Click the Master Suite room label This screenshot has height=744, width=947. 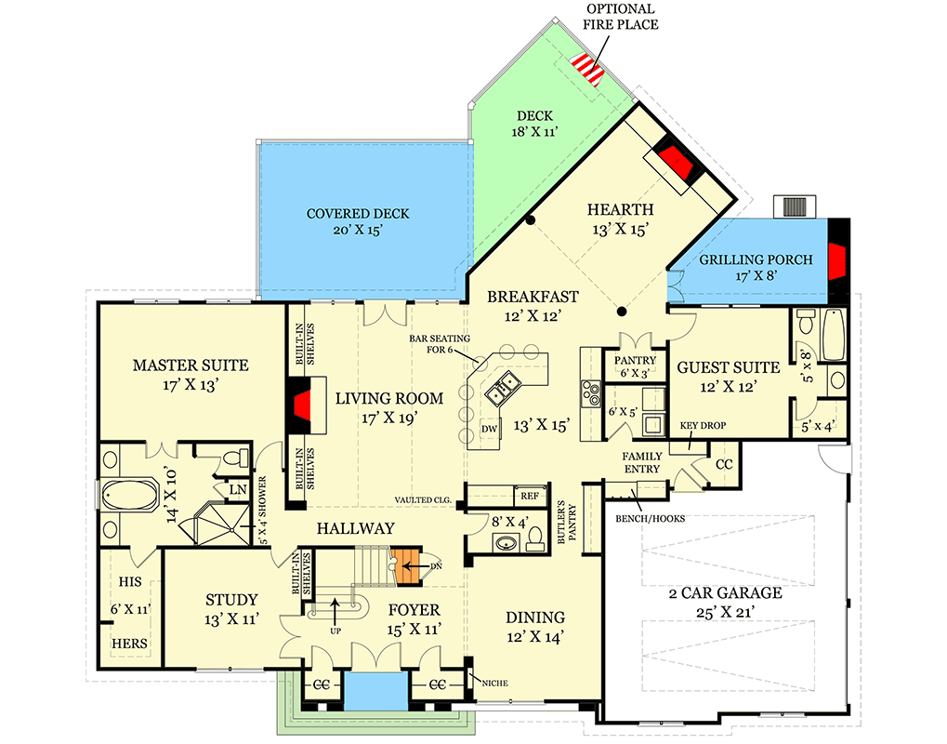point(190,365)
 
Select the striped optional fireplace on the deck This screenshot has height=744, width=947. point(586,67)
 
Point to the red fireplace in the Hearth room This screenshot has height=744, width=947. point(676,162)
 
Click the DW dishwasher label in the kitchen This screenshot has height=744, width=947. point(490,429)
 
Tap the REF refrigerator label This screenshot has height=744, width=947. point(529,497)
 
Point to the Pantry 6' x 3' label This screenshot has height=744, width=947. point(635,366)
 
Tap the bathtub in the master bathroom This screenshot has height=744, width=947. point(129,495)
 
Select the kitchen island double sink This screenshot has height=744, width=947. point(506,388)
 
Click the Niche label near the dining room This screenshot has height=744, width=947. point(493,683)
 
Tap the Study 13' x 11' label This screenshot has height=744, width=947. point(231,609)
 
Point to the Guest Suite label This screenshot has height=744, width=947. point(716,367)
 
